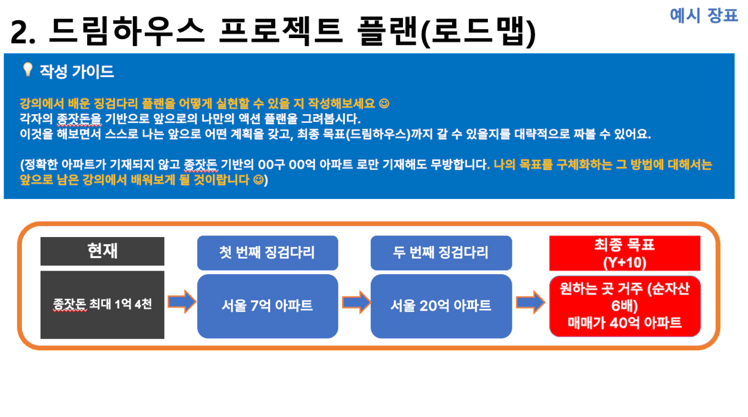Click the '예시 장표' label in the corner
pos(703,16)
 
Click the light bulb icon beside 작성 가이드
pos(28,70)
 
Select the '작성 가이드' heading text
pos(77,72)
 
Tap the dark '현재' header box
pos(102,251)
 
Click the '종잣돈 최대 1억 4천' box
pos(102,305)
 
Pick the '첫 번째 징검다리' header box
pos(268,253)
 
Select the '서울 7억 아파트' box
pos(268,306)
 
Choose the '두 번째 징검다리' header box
pos(441,253)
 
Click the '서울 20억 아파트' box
pos(441,306)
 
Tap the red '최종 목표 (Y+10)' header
pos(625,253)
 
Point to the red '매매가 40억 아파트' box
pos(625,306)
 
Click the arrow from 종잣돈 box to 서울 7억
pos(181,302)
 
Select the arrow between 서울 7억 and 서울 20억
pos(356,302)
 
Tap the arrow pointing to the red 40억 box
pos(530,302)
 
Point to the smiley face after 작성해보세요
pos(384,104)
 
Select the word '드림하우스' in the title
pos(126,31)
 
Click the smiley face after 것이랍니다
pos(259,179)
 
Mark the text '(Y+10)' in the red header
pos(625,263)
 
